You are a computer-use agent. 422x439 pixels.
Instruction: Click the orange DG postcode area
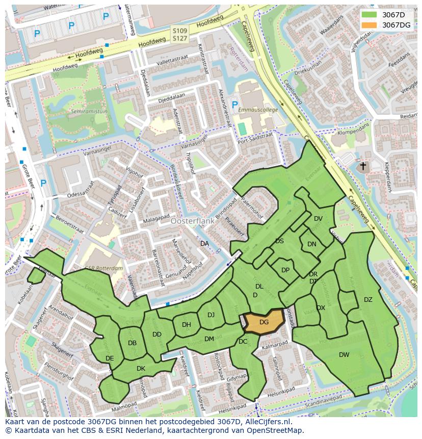(x=263, y=322)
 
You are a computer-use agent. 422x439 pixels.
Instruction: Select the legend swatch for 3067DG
(x=370, y=25)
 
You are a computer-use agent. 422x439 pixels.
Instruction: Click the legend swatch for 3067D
(x=370, y=14)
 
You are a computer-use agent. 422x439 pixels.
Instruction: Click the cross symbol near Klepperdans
(x=363, y=166)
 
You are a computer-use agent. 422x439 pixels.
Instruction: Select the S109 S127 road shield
(x=179, y=34)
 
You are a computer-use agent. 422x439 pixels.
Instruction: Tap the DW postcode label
(x=344, y=354)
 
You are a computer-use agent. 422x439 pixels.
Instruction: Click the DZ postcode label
(x=368, y=299)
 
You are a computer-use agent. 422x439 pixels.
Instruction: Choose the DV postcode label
(x=318, y=219)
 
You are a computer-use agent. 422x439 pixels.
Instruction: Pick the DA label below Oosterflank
(x=204, y=244)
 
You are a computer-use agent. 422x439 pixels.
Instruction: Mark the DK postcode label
(x=141, y=368)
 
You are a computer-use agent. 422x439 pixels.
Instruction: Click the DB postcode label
(x=133, y=343)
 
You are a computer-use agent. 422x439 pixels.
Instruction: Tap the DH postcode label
(x=187, y=325)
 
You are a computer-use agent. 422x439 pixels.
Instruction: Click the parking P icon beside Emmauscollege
(x=234, y=105)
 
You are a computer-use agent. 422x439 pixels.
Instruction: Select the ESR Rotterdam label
(x=104, y=269)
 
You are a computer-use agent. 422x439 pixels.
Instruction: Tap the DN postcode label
(x=312, y=244)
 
